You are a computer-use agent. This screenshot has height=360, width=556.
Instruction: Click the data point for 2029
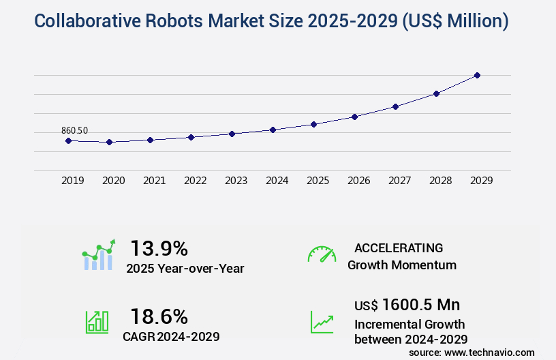click(477, 75)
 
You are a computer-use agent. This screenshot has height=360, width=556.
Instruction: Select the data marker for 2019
click(68, 140)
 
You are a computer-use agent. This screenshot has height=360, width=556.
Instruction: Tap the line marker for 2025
click(313, 124)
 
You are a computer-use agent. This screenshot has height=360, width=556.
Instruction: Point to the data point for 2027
click(395, 106)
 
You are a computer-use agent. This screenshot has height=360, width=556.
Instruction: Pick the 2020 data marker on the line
click(109, 142)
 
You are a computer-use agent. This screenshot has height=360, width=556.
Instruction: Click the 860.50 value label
click(74, 130)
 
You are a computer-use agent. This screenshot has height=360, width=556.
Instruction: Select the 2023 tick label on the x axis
click(236, 181)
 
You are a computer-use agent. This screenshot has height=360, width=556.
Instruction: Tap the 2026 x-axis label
click(358, 181)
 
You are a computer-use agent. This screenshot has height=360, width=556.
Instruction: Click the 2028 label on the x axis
click(440, 181)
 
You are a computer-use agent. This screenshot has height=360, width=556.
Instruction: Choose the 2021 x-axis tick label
click(154, 181)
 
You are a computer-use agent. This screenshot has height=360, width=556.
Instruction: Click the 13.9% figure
click(159, 247)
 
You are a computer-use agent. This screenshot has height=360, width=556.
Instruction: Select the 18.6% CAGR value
click(159, 316)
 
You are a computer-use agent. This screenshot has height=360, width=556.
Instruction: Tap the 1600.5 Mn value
click(420, 305)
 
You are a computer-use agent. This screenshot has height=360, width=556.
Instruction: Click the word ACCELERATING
click(399, 247)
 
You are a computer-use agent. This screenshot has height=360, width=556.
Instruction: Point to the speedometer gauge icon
click(322, 254)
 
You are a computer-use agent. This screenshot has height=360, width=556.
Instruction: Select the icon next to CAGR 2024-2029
click(97, 322)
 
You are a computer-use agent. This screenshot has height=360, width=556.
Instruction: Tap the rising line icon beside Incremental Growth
click(322, 322)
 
